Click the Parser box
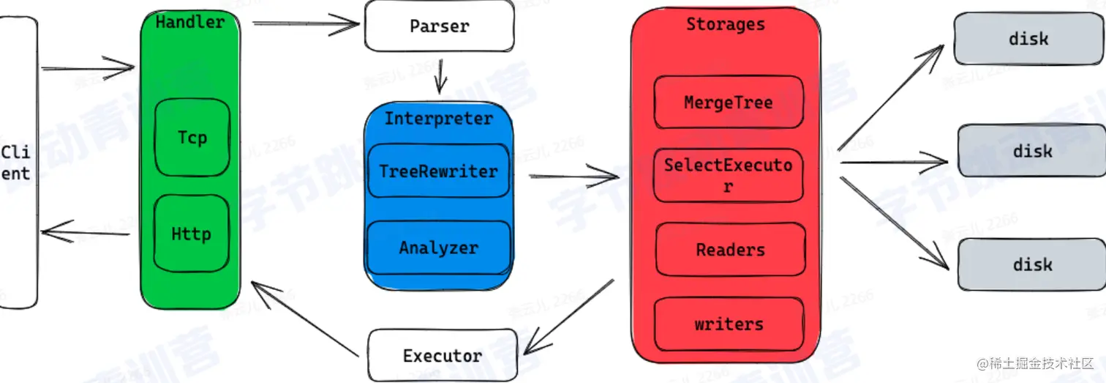pyautogui.click(x=439, y=26)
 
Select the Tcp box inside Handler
pyautogui.click(x=192, y=138)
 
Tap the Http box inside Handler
pyautogui.click(x=191, y=234)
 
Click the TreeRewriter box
pyautogui.click(x=438, y=171)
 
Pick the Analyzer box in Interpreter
pyautogui.click(x=438, y=248)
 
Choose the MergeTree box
pyautogui.click(x=728, y=103)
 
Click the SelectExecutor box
pyautogui.click(x=728, y=176)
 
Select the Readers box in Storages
pyautogui.click(x=730, y=250)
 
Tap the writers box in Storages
pyautogui.click(x=729, y=324)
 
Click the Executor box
pyautogui.click(x=443, y=356)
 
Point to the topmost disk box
pyautogui.click(x=1028, y=39)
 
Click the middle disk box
pyautogui.click(x=1031, y=151)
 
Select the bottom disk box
pyautogui.click(x=1032, y=264)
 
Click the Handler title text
pyautogui.click(x=190, y=22)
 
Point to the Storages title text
pyautogui.click(x=725, y=24)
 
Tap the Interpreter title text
pyautogui.click(x=439, y=119)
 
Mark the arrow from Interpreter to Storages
pyautogui.click(x=573, y=176)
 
